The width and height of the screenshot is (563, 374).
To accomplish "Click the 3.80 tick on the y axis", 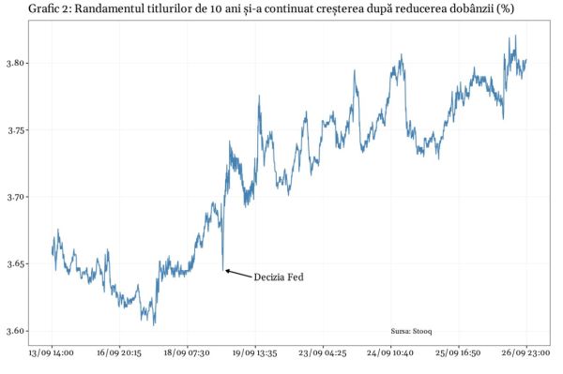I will click(15, 64).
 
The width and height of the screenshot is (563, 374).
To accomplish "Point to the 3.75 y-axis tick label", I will click(15, 130).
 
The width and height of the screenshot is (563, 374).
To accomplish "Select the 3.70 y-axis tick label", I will click(15, 197).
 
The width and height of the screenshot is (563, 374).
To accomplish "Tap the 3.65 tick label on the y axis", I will click(15, 264).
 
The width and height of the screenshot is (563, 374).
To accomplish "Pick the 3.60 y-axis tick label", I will click(15, 331).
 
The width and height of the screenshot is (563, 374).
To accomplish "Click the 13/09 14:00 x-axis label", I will click(53, 353).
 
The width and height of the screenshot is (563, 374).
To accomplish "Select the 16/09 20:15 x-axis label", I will click(120, 353).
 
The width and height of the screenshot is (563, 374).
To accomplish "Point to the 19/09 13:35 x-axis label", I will click(255, 353).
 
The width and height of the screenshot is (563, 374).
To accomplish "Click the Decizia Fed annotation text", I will click(279, 277).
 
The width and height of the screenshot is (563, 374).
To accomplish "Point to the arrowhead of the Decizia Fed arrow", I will click(227, 271).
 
